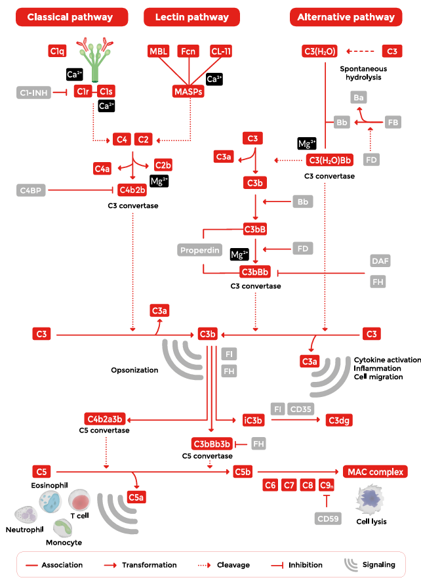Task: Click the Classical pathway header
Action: (70, 17)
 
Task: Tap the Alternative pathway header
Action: (346, 17)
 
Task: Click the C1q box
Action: (58, 51)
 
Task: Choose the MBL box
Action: (158, 51)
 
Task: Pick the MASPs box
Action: (188, 92)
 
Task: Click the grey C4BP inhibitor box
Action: (31, 190)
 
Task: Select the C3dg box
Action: (338, 419)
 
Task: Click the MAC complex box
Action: (375, 471)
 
